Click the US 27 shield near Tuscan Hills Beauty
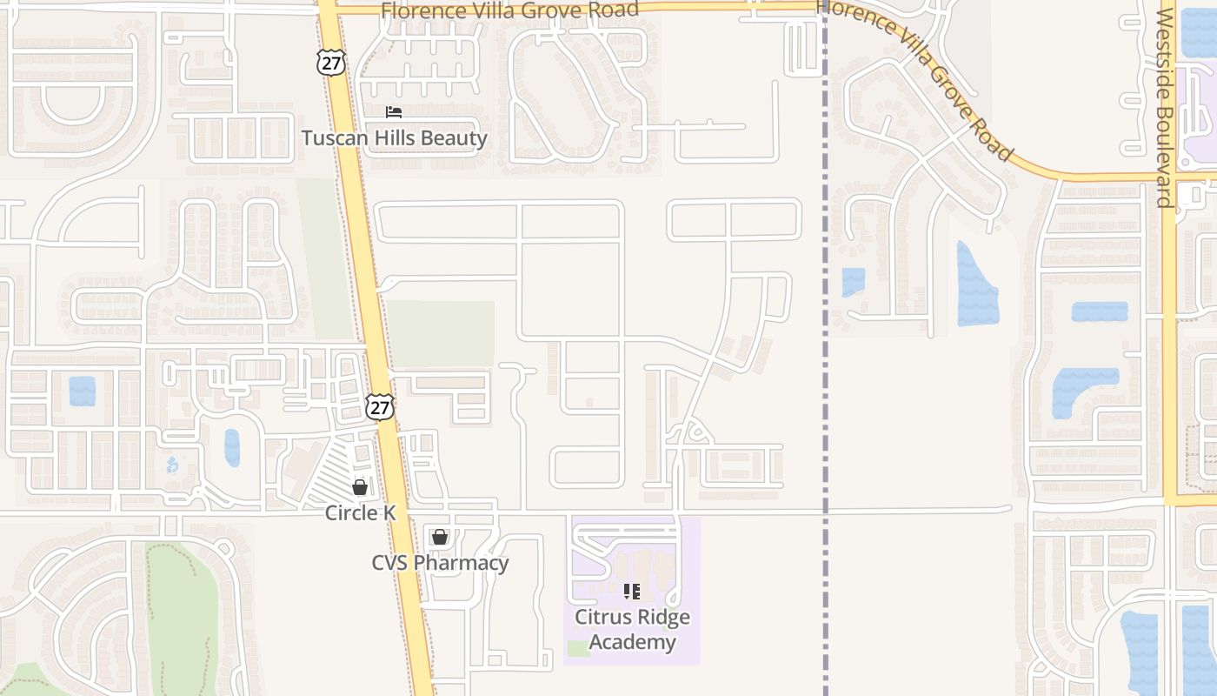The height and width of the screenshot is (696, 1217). [x=331, y=61]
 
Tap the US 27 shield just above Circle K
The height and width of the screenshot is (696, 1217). [x=380, y=406]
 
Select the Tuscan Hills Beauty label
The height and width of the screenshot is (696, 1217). [x=394, y=137]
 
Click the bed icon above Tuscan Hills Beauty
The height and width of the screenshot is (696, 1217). [x=394, y=112]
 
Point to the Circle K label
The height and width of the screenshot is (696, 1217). [x=360, y=512]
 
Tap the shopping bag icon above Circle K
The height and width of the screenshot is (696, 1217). [x=360, y=487]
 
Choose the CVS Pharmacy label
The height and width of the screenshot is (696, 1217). [x=440, y=563]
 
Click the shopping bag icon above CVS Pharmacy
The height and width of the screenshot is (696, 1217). [x=440, y=537]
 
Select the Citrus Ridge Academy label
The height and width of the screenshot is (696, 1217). [x=632, y=630]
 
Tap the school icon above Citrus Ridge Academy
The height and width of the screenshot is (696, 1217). [x=632, y=592]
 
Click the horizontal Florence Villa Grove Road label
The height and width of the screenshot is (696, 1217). [x=510, y=10]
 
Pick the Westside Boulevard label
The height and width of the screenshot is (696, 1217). [x=1165, y=109]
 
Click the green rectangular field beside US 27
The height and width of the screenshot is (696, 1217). [x=442, y=333]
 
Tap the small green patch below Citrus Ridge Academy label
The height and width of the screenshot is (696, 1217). [x=576, y=648]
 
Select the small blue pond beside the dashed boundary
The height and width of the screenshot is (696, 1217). [x=853, y=282]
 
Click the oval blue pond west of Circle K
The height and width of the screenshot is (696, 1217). [x=232, y=447]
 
